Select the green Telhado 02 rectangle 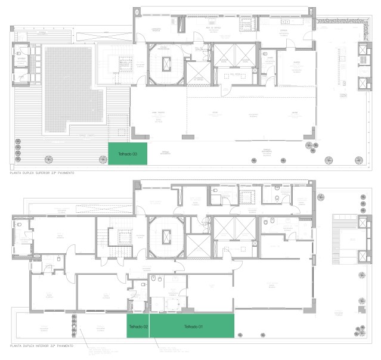(x=138, y=327)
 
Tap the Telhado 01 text (x=193, y=327)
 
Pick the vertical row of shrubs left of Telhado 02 (x=74, y=325)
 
